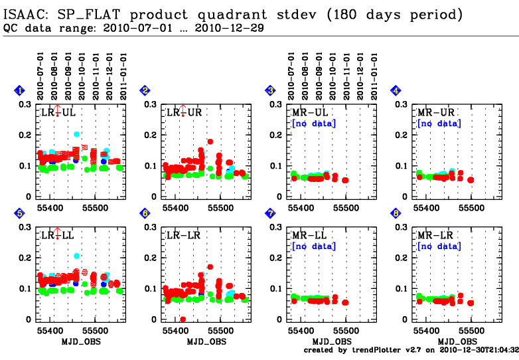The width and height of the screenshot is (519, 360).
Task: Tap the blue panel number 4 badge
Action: (396, 90)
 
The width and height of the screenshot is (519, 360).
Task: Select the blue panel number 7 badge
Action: (270, 213)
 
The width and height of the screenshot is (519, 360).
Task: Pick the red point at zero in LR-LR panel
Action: (183, 319)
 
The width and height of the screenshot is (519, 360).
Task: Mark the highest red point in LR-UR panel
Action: (210, 141)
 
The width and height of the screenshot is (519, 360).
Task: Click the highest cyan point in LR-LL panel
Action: (77, 256)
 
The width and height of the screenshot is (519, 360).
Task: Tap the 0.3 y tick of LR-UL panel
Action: (25, 104)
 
